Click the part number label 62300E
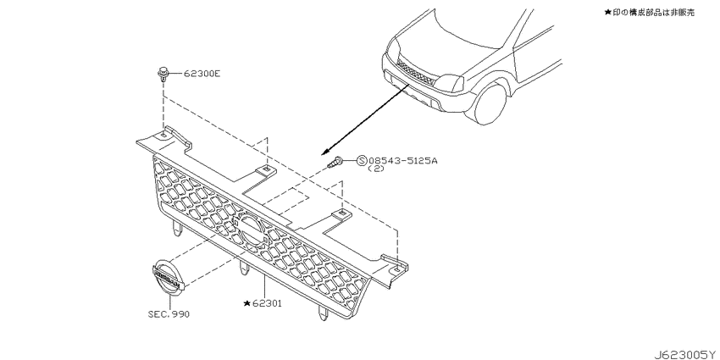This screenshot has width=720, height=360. click(x=202, y=73)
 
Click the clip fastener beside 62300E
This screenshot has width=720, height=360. click(x=162, y=75)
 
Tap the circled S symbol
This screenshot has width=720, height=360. click(x=362, y=160)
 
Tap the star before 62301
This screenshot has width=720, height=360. click(x=247, y=303)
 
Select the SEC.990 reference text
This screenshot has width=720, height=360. click(x=169, y=314)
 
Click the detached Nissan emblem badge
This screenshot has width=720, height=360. click(x=167, y=278)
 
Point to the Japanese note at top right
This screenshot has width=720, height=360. click(x=650, y=13)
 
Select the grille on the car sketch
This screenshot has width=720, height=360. click(x=416, y=72)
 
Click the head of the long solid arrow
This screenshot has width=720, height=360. click(x=324, y=152)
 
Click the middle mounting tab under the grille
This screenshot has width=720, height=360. click(x=244, y=271)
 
